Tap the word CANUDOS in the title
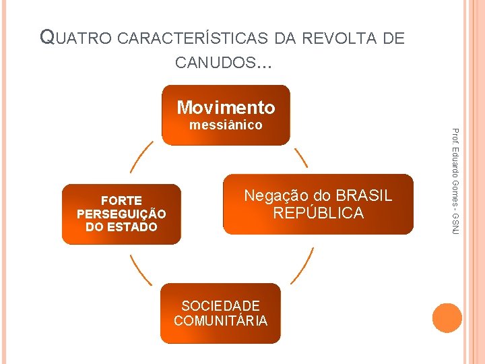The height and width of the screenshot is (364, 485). pos(216,63)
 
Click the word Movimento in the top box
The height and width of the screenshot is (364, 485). pos(226,107)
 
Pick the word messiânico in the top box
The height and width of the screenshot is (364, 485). pos(226,125)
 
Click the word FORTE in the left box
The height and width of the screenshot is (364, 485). pos(121,201)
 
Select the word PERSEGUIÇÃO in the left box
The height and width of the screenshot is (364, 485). pos(121,214)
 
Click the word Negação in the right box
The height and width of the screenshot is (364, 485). pos(273,196)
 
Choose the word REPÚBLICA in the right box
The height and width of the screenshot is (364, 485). pos(318,214)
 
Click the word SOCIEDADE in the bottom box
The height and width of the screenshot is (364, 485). pos(220,306)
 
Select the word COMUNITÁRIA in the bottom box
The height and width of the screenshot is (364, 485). pos(220,321)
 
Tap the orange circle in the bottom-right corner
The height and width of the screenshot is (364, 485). pos(447,318)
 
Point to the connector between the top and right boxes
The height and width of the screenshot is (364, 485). pos(301,157)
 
